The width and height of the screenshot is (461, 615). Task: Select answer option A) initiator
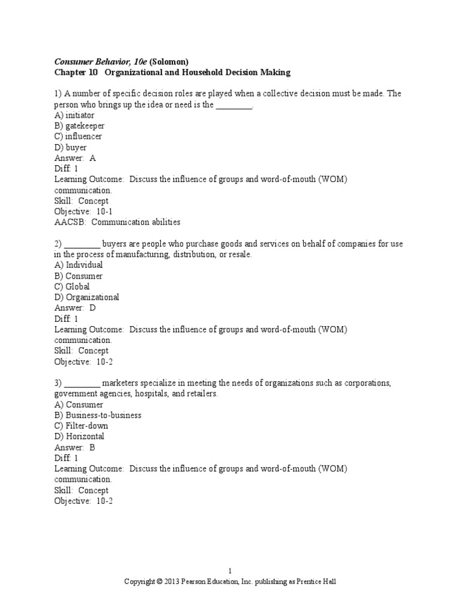(74, 115)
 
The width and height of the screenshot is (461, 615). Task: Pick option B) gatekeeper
(79, 126)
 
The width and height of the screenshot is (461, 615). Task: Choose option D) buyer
(70, 147)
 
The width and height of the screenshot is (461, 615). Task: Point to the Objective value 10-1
(103, 211)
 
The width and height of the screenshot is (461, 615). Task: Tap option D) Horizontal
(79, 437)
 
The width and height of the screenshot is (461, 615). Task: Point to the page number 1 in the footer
(230, 571)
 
